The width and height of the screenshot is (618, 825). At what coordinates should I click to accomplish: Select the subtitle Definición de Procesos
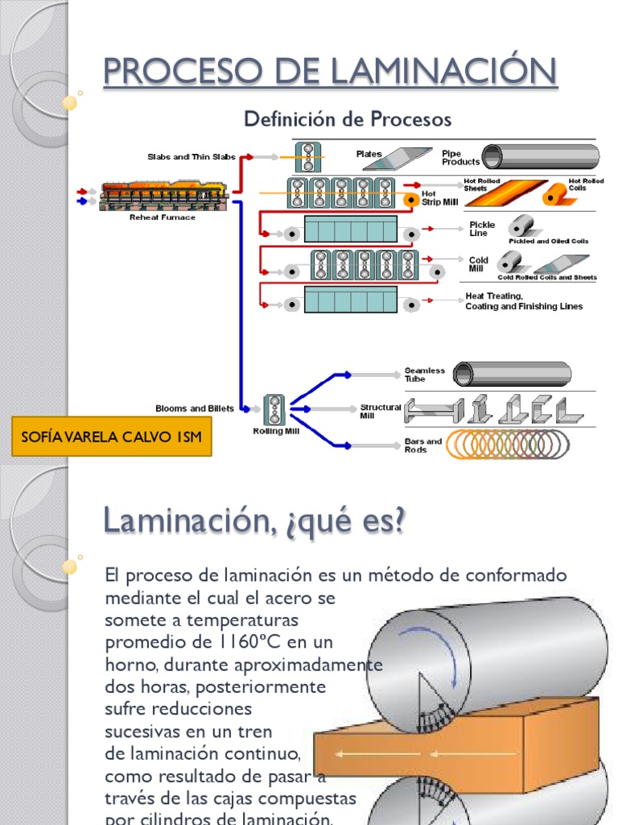coord(348,119)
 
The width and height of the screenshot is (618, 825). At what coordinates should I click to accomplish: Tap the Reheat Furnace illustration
coord(164,196)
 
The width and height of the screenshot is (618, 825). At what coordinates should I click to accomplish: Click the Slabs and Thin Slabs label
coord(192,157)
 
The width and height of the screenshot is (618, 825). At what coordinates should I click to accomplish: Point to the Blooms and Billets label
coord(195,408)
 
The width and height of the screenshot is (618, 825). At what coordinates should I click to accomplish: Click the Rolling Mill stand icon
coord(274,409)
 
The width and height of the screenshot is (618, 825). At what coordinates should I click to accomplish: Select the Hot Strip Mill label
coord(439,198)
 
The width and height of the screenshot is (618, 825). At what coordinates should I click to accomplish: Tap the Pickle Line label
coord(482,229)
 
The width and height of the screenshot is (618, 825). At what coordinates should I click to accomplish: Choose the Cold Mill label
coord(478,264)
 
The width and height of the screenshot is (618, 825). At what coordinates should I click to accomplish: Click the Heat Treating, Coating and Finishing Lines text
coord(524,301)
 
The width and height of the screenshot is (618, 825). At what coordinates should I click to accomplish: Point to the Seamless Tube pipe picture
coord(512,374)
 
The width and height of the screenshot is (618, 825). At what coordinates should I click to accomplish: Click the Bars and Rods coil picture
coord(508,445)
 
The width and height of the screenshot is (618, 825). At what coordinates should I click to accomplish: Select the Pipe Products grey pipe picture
coord(540,156)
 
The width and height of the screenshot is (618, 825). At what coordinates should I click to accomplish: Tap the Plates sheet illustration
coord(397,159)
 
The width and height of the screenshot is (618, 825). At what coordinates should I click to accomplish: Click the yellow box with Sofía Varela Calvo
coord(111,437)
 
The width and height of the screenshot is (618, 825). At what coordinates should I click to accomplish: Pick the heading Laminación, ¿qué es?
coord(254,521)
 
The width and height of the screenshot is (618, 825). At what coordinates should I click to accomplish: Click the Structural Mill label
coord(381,412)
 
